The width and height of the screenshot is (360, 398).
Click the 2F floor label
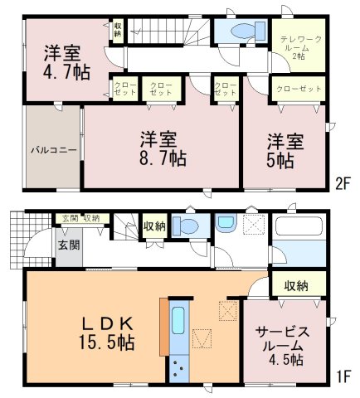pyautogui.click(x=343, y=184)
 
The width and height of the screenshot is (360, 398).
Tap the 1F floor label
pyautogui.click(x=343, y=376)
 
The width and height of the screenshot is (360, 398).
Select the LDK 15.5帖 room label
pyautogui.click(x=107, y=333)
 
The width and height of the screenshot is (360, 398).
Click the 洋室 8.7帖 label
pyautogui.click(x=163, y=149)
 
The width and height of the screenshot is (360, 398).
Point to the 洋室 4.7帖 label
pyautogui.click(x=66, y=63)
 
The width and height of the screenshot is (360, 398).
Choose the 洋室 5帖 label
pyautogui.click(x=285, y=151)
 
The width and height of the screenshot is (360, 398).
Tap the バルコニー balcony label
pyautogui.click(x=53, y=150)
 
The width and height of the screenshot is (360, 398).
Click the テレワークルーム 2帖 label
pyautogui.click(x=301, y=48)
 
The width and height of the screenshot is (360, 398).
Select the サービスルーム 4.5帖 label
pyautogui.click(x=282, y=346)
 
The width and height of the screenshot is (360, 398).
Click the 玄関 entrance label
pyautogui.click(x=69, y=245)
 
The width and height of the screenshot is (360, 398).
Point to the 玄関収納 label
pyautogui.click(x=81, y=218)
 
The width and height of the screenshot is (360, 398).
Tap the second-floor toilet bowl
pyautogui.click(x=242, y=31)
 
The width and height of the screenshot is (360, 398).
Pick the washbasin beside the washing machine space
pyautogui.click(x=226, y=223)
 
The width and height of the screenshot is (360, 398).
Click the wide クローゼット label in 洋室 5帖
pyautogui.click(x=299, y=89)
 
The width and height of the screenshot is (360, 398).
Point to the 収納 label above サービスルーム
pyautogui.click(x=297, y=286)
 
